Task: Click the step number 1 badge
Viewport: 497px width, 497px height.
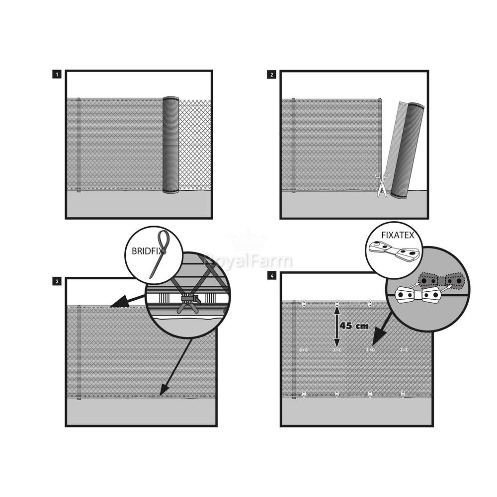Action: pos(57,75)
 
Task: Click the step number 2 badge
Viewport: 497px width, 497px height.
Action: pos(272,75)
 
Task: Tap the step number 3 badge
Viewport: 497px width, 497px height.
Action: pos(57,281)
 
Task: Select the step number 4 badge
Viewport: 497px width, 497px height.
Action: pos(272,276)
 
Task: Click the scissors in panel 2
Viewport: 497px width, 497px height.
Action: pos(382,185)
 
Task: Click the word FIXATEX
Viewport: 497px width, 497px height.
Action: pos(398,235)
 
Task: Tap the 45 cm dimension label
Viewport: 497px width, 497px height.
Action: pos(354,326)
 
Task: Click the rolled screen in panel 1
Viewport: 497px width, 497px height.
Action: pos(171,145)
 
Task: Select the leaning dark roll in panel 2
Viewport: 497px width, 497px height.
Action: pos(408,151)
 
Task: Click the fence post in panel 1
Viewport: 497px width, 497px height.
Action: pos(79,145)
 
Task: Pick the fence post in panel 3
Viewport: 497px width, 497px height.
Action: pos(79,352)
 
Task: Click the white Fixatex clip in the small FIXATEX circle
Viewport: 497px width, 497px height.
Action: pos(394,250)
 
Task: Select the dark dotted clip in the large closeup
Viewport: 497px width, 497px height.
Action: pos(441,280)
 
